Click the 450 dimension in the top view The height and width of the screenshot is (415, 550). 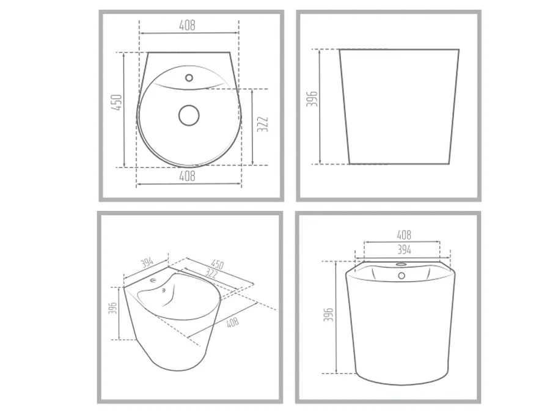pyautogui.click(x=117, y=102)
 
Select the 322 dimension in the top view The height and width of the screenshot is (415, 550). pyautogui.click(x=262, y=125)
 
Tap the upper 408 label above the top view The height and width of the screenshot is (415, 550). pyautogui.click(x=188, y=25)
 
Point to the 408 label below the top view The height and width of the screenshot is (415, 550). pyautogui.click(x=188, y=176)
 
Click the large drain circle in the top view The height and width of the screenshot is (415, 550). pyautogui.click(x=189, y=116)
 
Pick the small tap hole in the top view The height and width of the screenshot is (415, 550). pyautogui.click(x=189, y=78)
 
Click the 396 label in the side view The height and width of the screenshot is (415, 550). pyautogui.click(x=312, y=98)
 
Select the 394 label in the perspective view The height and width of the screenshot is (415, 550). pyautogui.click(x=147, y=262)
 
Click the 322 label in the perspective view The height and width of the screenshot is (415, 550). pyautogui.click(x=211, y=273)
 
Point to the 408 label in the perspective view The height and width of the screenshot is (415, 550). pyautogui.click(x=233, y=322)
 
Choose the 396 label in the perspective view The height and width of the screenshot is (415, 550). pyautogui.click(x=113, y=307)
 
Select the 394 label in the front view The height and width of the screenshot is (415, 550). pyautogui.click(x=404, y=249)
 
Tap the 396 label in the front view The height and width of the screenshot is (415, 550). pyautogui.click(x=328, y=315)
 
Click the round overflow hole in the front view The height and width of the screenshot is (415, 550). pyautogui.click(x=402, y=276)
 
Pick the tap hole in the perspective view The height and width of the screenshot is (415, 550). pyautogui.click(x=154, y=280)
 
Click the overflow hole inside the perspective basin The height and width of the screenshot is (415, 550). pyautogui.click(x=164, y=290)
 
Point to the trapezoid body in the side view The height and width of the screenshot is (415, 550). pyautogui.click(x=399, y=106)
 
